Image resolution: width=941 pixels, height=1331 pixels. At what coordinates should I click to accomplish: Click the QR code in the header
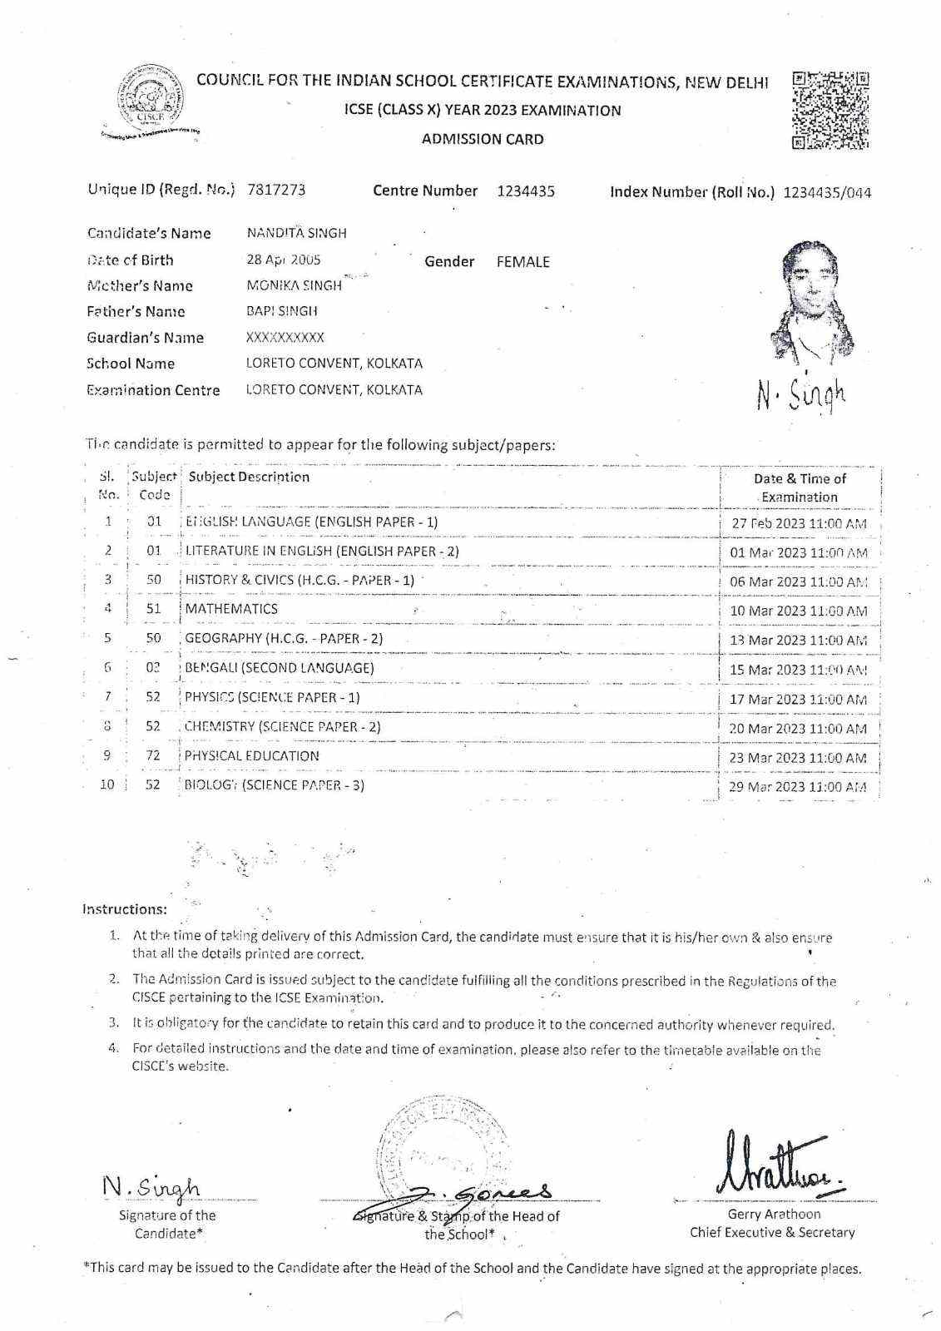pos(830,110)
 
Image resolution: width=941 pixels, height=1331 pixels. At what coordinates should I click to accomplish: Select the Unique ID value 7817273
pos(276,190)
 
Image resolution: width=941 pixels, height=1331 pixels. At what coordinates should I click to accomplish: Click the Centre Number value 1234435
pos(526,191)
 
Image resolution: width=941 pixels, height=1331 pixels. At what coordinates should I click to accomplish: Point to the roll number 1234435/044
pos(827,193)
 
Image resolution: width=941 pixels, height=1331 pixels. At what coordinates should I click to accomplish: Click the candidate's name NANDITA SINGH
pos(296,234)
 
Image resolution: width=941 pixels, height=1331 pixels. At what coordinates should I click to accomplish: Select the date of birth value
pos(284,260)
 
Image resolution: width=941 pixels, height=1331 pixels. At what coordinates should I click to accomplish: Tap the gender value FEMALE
pos(523,262)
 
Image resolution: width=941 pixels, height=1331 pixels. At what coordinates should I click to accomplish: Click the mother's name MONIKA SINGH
pos(294,285)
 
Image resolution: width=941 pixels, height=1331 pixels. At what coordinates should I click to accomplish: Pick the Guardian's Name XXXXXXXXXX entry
pos(285,338)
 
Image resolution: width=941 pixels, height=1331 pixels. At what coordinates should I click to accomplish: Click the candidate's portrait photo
pos(806,299)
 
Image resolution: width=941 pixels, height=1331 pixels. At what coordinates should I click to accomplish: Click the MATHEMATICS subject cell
pos(231,609)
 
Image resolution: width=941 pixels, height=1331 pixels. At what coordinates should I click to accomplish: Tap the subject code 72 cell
pos(153,756)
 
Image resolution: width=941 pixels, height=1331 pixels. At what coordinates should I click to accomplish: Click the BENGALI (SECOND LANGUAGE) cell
pos(280,668)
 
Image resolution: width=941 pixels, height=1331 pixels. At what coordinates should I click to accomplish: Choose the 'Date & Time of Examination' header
pos(800,487)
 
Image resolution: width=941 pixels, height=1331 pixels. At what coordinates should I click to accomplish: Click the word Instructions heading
pos(124,909)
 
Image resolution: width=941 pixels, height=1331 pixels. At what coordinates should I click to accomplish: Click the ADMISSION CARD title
pos(483,140)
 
